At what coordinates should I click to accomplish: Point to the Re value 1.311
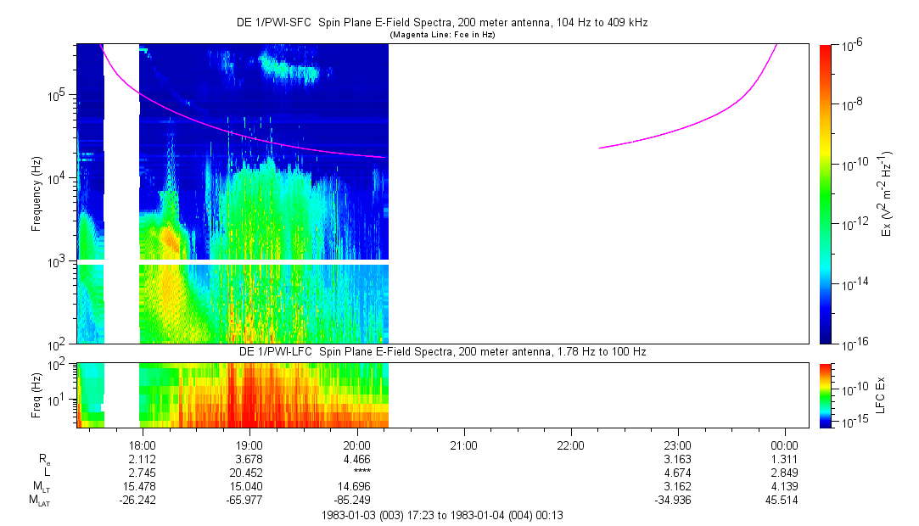[784, 458]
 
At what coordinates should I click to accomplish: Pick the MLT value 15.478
[142, 485]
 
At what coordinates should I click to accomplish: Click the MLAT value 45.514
[784, 499]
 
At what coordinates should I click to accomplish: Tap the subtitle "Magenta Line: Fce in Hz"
[441, 36]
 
